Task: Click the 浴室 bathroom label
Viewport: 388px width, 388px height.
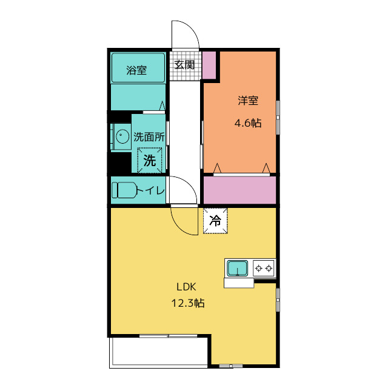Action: (136, 70)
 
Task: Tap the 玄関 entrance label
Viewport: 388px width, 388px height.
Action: (184, 65)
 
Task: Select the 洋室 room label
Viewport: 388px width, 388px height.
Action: (248, 101)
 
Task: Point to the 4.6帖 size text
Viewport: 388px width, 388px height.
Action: (248, 122)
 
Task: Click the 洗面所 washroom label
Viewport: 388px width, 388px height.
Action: (149, 137)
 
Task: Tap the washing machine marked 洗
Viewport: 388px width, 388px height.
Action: (150, 160)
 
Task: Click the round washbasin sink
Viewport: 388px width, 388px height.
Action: (122, 136)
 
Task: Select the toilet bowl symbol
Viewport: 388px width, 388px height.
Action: (124, 190)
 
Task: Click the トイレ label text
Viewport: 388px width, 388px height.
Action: (150, 190)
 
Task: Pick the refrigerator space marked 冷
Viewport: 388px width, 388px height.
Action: (215, 221)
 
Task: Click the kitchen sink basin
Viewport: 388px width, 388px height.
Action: (237, 268)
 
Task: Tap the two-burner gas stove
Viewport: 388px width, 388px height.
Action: (264, 268)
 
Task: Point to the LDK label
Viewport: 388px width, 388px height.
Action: (186, 287)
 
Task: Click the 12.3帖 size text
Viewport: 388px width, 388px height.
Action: (188, 303)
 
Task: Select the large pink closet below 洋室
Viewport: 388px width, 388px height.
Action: (239, 190)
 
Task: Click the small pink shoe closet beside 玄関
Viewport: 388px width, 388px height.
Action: (209, 65)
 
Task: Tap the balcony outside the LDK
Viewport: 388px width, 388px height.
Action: (159, 351)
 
